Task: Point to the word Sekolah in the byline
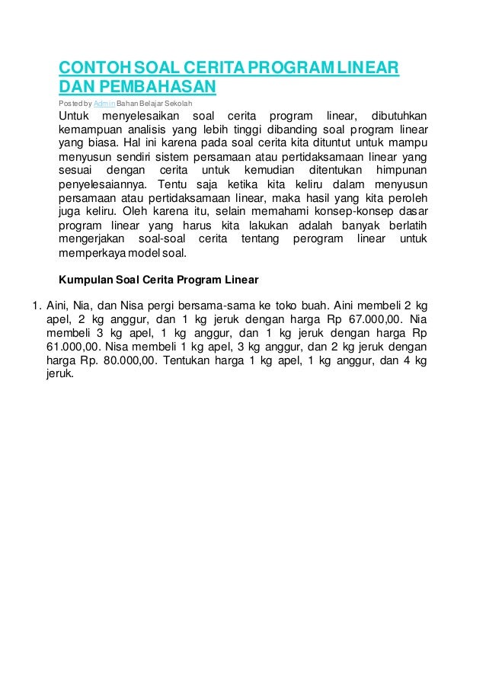click(178, 102)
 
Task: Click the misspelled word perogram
click(316, 240)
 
